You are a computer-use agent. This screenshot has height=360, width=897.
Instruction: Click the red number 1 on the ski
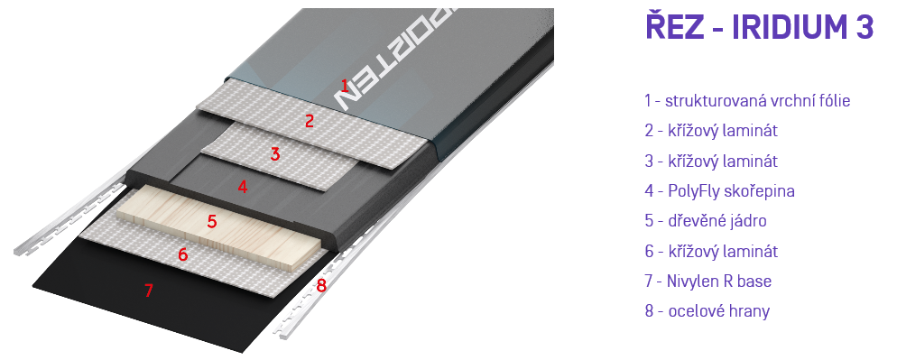pos(345,87)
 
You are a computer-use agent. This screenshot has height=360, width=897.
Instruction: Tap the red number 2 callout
pos(310,121)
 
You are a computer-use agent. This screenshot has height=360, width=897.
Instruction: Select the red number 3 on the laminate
pos(275,154)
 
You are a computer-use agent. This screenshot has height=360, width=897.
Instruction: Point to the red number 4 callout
pos(243,187)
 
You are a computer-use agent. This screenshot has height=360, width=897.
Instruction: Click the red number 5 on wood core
pos(212,221)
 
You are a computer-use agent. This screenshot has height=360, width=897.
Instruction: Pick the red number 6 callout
pos(182,254)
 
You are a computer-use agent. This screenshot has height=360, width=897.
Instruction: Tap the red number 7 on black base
pos(149,291)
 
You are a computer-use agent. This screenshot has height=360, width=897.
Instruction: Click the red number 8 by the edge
pos(321,285)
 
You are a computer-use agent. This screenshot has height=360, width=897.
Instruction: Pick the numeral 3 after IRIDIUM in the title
pos(865,27)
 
